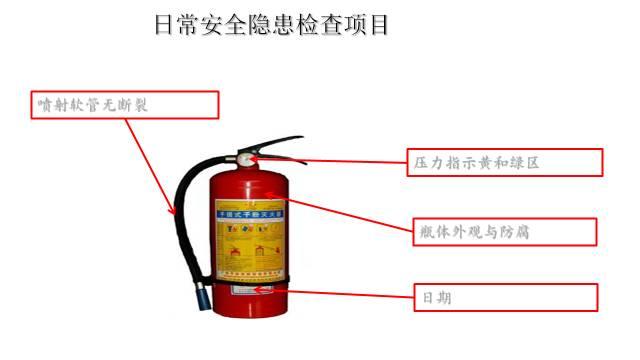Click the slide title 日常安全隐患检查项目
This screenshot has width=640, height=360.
point(270,25)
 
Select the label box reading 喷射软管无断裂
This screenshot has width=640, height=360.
point(124,105)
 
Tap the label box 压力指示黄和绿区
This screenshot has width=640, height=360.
point(506,162)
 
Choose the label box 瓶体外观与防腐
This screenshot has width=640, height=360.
point(505,232)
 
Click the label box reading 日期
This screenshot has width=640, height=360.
point(505,298)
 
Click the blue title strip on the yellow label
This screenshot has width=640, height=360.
point(250,213)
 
